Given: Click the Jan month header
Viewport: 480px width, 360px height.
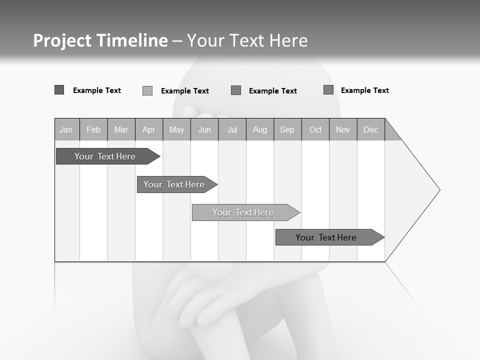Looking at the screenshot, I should click(66, 129).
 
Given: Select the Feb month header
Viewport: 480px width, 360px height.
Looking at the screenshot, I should click(93, 129).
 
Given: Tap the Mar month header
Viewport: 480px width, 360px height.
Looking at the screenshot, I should click(121, 129).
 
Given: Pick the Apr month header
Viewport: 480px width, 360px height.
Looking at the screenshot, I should click(149, 129).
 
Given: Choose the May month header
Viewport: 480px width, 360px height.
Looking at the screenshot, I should click(176, 129).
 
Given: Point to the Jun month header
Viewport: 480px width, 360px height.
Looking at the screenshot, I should click(204, 129).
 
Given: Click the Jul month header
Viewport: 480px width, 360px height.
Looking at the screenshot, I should click(232, 129).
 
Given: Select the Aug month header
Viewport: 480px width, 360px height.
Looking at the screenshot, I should click(260, 129).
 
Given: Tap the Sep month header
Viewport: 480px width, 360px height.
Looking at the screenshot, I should click(287, 129).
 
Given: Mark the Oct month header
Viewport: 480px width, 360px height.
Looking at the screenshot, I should click(315, 129).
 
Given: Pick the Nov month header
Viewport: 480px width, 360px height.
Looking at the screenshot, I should click(343, 129).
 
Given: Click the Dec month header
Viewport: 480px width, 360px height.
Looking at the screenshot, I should click(371, 129).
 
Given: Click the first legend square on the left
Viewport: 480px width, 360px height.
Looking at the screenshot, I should click(59, 90).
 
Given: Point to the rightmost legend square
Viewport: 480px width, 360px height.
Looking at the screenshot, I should click(328, 90).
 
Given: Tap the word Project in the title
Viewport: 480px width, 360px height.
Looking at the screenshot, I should click(62, 40).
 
